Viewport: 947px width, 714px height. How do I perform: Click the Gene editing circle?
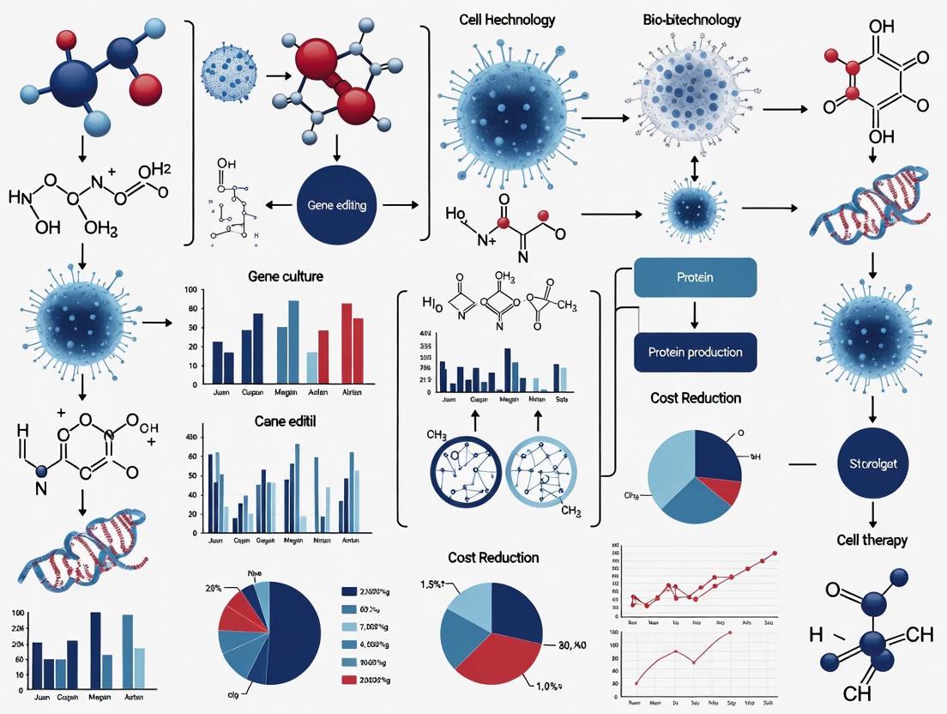tap(336, 206)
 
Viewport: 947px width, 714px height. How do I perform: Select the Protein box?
tap(695, 278)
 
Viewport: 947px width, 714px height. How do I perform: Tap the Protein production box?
tap(695, 352)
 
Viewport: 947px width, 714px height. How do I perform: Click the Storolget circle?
tap(872, 464)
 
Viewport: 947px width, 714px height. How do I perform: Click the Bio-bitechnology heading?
tap(691, 19)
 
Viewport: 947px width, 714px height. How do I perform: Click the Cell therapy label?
tap(872, 540)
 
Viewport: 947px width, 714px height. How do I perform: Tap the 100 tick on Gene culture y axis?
tap(190, 291)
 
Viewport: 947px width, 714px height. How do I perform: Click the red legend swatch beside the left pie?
tap(349, 680)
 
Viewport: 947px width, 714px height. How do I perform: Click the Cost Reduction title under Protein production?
tap(695, 398)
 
